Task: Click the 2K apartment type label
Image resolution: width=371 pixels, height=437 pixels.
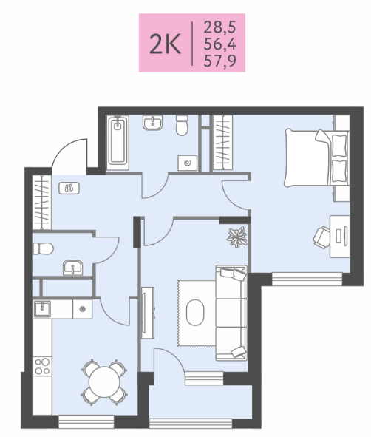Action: click(165, 44)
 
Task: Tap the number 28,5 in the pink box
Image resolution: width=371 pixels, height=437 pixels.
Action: click(219, 27)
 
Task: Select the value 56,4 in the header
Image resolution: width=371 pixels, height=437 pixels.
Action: click(219, 44)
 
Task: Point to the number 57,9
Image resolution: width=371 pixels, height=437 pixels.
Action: click(219, 61)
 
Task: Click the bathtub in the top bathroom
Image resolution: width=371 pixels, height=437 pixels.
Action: click(118, 143)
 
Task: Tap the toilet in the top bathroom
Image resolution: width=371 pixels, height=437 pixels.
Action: click(182, 125)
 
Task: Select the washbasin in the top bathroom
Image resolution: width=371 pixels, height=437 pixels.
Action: click(152, 123)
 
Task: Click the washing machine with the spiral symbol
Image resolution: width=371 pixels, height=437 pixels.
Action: click(188, 163)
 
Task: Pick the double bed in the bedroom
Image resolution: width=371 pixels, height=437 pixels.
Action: click(317, 157)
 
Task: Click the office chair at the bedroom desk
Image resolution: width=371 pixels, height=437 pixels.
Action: click(322, 237)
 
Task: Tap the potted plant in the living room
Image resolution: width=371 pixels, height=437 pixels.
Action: click(237, 237)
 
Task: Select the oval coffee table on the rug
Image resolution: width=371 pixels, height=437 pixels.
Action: click(195, 313)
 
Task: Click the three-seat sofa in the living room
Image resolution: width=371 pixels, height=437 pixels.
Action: click(231, 313)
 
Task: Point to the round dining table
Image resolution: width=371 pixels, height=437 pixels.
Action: click(104, 382)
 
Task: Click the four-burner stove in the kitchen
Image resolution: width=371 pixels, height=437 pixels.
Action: click(42, 366)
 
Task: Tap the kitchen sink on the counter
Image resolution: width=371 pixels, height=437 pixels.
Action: click(42, 309)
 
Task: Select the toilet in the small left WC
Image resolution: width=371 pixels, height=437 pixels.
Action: click(43, 248)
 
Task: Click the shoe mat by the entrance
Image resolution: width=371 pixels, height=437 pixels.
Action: click(69, 189)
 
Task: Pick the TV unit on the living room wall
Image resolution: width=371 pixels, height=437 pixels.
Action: click(147, 313)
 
